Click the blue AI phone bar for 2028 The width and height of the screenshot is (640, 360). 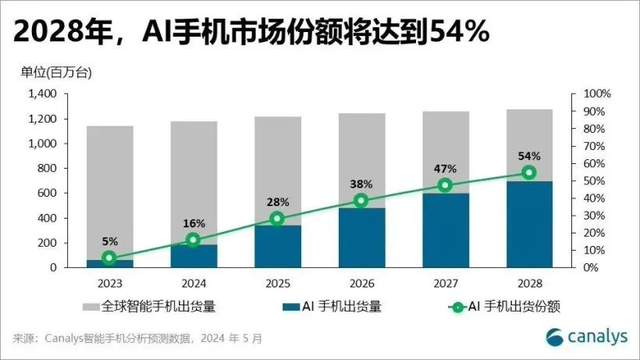click(x=529, y=224)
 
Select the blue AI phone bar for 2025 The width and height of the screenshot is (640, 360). click(x=278, y=247)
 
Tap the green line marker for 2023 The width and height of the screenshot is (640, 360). click(x=109, y=258)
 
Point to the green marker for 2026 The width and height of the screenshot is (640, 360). click(x=361, y=200)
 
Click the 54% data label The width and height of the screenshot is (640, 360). click(x=529, y=156)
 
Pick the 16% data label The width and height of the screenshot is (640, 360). click(x=194, y=224)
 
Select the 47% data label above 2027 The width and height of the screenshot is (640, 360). click(x=445, y=169)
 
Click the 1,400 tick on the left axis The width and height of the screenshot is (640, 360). click(x=42, y=94)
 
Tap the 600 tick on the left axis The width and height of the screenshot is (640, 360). click(x=47, y=193)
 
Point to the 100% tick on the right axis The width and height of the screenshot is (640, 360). click(x=597, y=94)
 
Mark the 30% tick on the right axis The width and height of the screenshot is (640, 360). click(x=594, y=216)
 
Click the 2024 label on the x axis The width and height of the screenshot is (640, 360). click(x=194, y=283)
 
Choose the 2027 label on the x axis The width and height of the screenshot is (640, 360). click(x=445, y=283)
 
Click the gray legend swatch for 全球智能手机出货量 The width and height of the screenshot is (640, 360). click(x=91, y=307)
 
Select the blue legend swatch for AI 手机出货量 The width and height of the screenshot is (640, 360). click(x=291, y=307)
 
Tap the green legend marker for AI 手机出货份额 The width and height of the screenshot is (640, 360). click(x=458, y=307)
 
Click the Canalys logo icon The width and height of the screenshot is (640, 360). click(x=554, y=338)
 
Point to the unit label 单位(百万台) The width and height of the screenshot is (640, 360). click(x=56, y=73)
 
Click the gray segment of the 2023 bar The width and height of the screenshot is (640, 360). click(x=110, y=193)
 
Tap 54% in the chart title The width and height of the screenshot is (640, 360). click(x=458, y=31)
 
